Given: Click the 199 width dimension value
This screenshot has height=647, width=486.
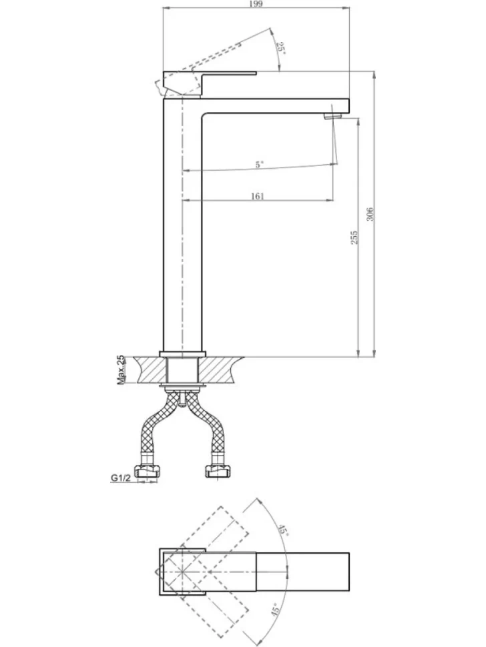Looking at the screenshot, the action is (x=256, y=4).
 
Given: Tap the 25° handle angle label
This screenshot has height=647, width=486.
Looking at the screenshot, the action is (x=280, y=48).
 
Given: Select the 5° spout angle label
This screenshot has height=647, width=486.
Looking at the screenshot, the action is (x=259, y=164).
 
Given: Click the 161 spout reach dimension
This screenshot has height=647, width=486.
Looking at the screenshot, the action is (x=257, y=196).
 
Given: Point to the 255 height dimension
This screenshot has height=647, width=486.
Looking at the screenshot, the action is (x=354, y=237).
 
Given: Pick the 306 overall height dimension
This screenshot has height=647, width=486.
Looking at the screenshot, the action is (x=370, y=213).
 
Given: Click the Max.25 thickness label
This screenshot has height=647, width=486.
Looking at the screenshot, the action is (x=121, y=370).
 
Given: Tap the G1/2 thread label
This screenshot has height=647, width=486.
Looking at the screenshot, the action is (x=121, y=478).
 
